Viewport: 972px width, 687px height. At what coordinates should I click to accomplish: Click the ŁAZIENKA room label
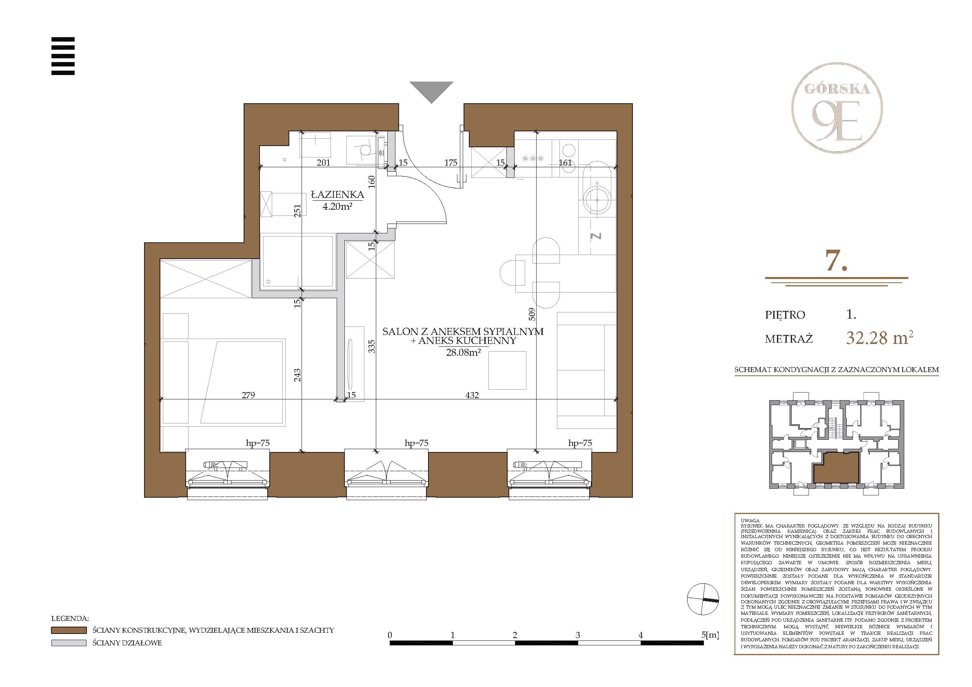tap(337, 195)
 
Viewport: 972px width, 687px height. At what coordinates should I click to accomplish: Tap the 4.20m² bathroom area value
tap(337, 206)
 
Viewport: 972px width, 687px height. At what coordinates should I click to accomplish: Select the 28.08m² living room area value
tap(463, 352)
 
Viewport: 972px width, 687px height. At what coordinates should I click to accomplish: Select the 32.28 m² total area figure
tap(879, 337)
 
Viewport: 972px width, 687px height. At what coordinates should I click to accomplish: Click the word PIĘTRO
tap(785, 315)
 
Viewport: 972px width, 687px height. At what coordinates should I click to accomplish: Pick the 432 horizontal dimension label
tap(472, 395)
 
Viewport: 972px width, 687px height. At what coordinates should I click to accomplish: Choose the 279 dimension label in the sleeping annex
tap(248, 395)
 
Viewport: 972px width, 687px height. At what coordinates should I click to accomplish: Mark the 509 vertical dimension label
tap(532, 314)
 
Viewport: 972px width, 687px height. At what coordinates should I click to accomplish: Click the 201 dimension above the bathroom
tap(324, 162)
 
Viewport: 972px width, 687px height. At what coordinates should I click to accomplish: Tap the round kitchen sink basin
tap(597, 200)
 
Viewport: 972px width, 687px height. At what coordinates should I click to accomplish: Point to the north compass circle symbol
tap(703, 599)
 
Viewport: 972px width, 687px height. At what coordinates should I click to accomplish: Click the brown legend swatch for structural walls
tap(69, 630)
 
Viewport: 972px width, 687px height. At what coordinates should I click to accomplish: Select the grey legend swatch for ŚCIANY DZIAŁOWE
tap(69, 643)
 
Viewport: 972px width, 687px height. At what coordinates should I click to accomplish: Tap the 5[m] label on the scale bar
tap(710, 635)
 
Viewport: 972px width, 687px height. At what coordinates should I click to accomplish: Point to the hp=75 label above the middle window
tap(416, 443)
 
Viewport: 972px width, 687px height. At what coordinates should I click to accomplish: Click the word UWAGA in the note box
tap(750, 520)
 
